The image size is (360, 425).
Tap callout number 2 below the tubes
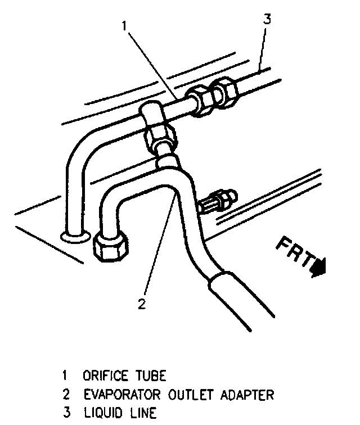pos(142,305)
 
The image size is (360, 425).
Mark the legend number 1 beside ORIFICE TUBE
pos(65,374)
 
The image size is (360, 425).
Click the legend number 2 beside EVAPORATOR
pos(65,394)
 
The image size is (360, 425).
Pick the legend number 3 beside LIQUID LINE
pos(65,414)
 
